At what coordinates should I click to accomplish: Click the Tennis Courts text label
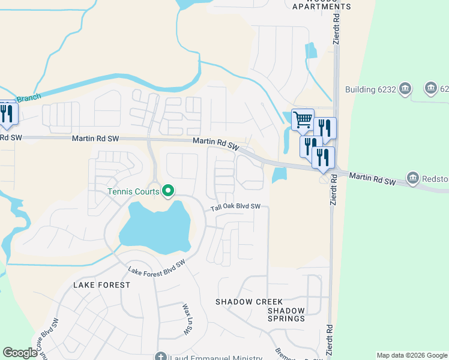[x=133, y=192]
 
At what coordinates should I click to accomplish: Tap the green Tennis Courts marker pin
[x=168, y=192]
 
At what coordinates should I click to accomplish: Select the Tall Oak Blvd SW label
[x=235, y=207]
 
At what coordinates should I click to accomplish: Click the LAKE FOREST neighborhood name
[x=101, y=285]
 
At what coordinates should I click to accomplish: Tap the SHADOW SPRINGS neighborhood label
[x=286, y=314]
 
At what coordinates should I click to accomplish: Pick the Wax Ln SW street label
[x=185, y=320]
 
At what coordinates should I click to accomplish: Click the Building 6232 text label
[x=371, y=90]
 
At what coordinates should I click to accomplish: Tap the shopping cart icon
[x=303, y=119]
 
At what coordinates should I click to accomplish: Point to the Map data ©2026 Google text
[x=411, y=355]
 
